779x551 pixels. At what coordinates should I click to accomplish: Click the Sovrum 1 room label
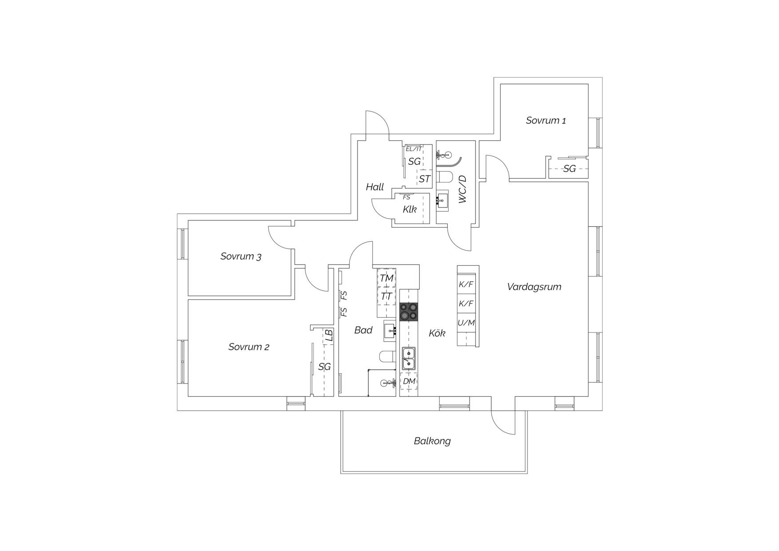pos(546,120)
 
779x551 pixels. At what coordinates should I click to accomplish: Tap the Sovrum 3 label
pos(241,256)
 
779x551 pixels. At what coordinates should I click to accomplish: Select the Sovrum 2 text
pos(249,347)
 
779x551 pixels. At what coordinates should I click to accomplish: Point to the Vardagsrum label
pos(534,287)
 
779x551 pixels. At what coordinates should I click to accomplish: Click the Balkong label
pos(432,441)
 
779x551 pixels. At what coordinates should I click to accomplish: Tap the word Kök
pos(437,333)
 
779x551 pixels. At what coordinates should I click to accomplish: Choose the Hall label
pos(375,187)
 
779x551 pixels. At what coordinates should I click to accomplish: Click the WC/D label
pos(462,189)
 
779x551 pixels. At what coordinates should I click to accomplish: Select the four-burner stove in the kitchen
pos(409,311)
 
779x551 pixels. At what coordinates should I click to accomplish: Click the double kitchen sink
pos(409,359)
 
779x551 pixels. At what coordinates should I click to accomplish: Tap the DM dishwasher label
pos(409,381)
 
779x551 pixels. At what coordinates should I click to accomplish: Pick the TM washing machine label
pos(386,278)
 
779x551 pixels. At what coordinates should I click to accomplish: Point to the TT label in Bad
pos(386,296)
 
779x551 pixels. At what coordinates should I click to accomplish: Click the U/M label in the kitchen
pos(466,323)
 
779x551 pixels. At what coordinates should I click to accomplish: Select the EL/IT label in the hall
pos(413,149)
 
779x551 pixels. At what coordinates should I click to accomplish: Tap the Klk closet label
pos(409,209)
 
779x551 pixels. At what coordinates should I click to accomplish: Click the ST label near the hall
pos(425,179)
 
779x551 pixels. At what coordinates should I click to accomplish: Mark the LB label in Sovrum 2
pos(329,335)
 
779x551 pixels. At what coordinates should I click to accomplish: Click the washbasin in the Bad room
pos(389,330)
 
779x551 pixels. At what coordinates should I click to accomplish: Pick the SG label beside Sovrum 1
pos(569,169)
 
